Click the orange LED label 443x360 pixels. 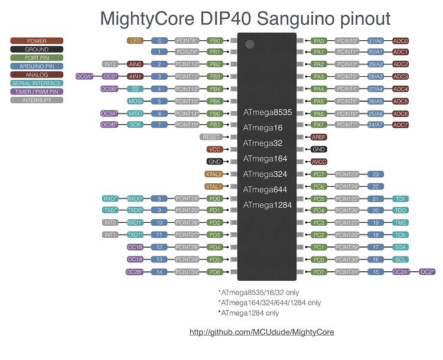[x=135, y=41]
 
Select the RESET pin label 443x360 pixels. [x=211, y=137]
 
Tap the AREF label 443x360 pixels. [x=319, y=137]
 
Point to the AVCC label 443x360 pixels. [x=319, y=161]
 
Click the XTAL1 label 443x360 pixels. [x=213, y=186]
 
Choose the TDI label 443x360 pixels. [x=400, y=199]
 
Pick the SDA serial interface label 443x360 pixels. [x=400, y=247]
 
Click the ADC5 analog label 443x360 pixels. [x=400, y=101]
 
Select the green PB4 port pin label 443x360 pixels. [x=214, y=89]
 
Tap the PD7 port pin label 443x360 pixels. [x=319, y=272]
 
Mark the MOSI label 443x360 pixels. [x=135, y=101]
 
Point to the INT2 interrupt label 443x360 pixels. [x=110, y=64]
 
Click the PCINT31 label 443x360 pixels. [x=347, y=272]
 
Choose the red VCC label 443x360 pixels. [x=214, y=150]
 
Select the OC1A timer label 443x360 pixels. [x=135, y=260]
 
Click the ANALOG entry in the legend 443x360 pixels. [x=37, y=75]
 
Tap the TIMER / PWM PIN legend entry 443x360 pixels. [x=37, y=92]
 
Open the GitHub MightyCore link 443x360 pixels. [x=262, y=332]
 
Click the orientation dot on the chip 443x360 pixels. [x=250, y=44]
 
